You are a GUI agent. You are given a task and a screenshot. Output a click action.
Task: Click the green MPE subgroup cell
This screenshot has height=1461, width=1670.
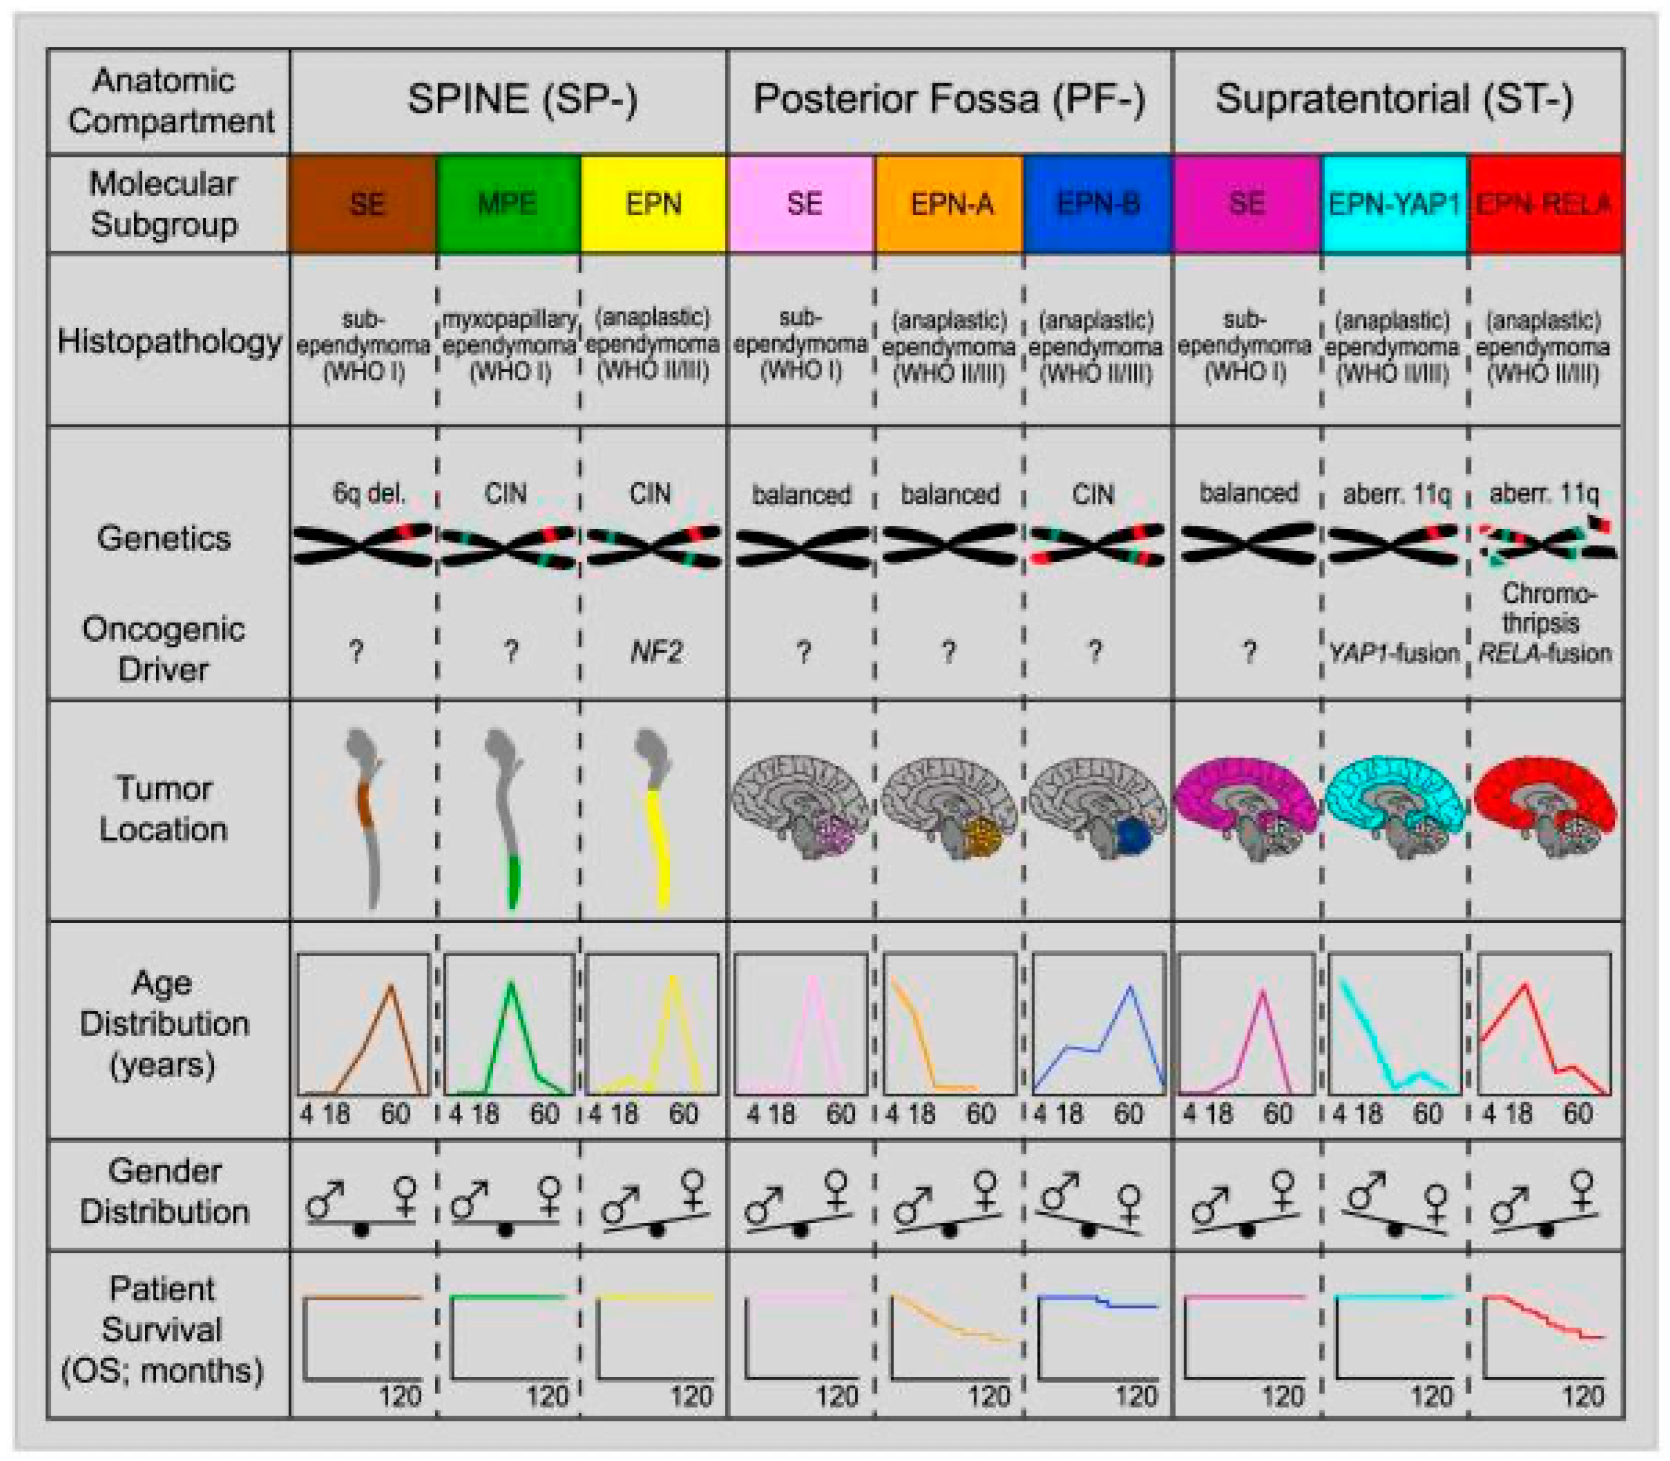click(508, 204)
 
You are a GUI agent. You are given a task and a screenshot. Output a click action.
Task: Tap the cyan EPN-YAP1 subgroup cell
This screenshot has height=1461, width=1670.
click(1394, 204)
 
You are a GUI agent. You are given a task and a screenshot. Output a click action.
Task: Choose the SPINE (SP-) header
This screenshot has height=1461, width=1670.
click(521, 100)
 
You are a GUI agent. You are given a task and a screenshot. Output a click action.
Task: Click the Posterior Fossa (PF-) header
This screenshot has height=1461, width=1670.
click(950, 100)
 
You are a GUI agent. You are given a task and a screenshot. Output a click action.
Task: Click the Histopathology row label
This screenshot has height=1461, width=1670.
click(169, 341)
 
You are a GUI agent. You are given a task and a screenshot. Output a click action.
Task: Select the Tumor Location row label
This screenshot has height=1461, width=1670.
click(163, 809)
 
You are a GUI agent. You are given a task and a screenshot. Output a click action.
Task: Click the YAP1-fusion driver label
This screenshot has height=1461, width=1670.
click(1394, 653)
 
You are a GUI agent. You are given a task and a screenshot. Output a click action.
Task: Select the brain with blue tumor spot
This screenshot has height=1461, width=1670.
click(1096, 807)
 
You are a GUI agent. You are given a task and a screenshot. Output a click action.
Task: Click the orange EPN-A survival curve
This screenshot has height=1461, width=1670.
click(950, 1322)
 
